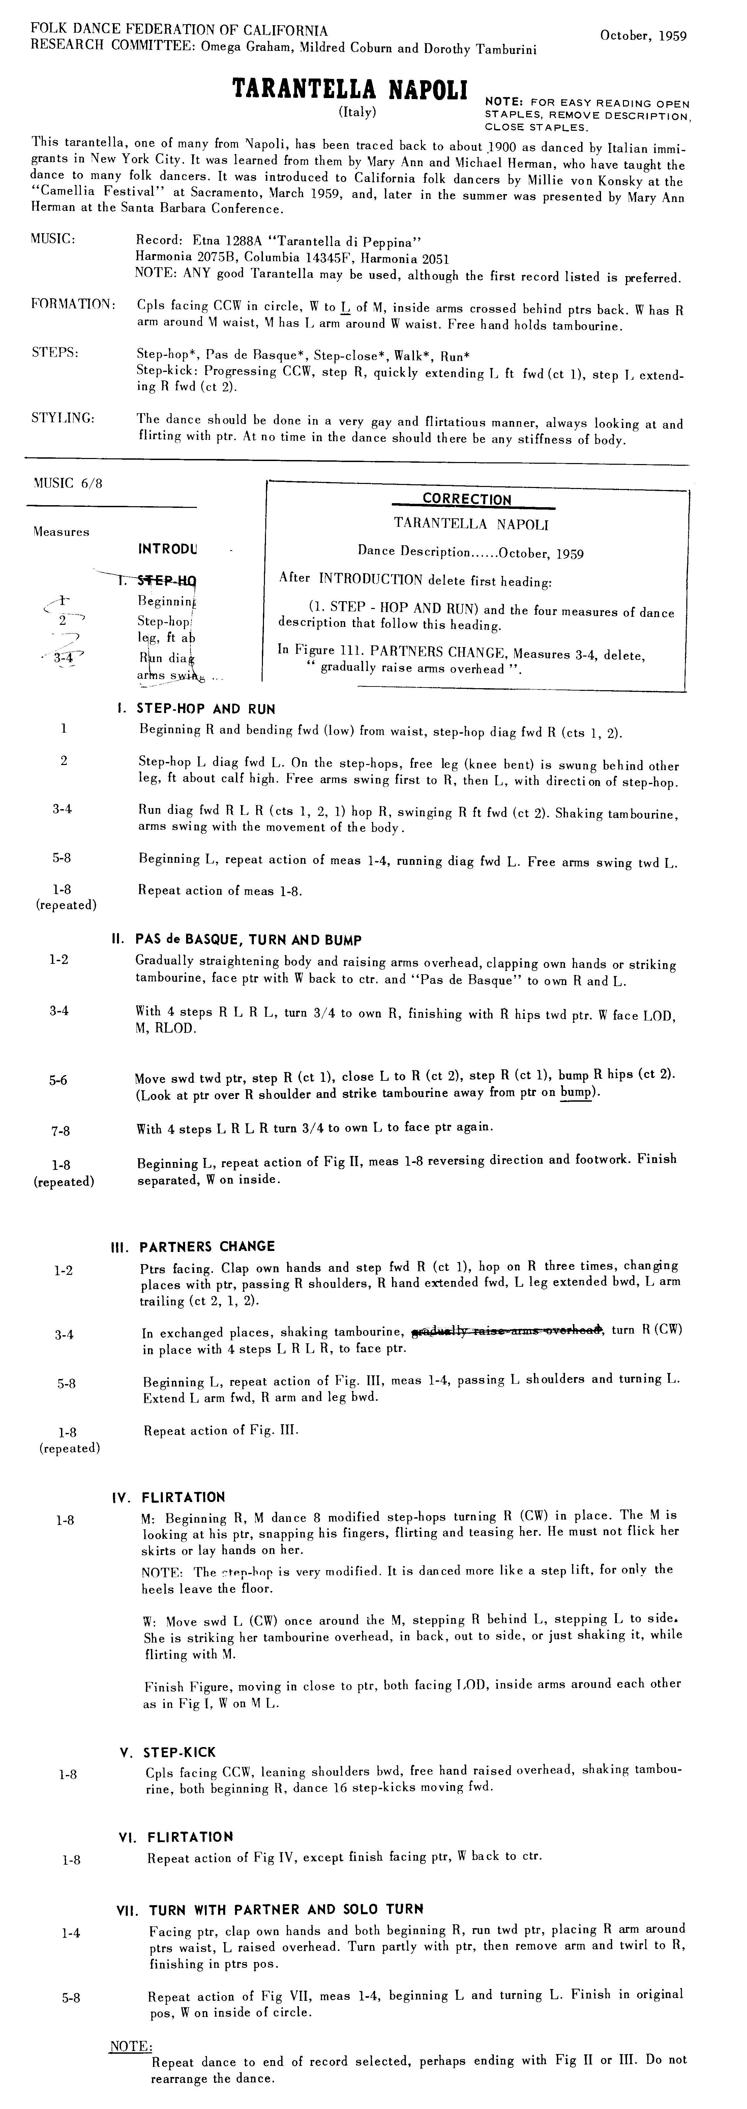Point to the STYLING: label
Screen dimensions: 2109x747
(x=63, y=418)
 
